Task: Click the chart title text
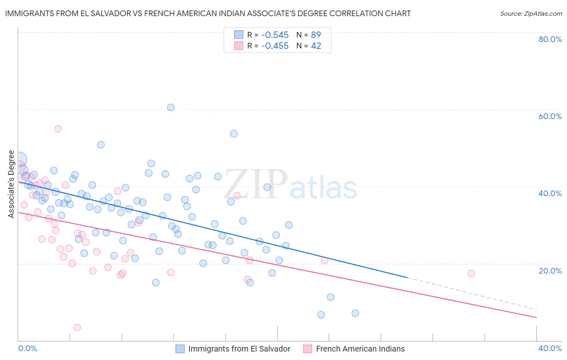(208, 13)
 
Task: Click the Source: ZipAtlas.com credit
(531, 14)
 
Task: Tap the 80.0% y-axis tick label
(550, 39)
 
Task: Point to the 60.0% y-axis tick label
(550, 116)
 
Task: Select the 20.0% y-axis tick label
(550, 271)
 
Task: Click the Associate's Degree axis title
(11, 184)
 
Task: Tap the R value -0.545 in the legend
(275, 35)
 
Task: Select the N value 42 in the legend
(316, 46)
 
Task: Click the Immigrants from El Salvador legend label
(239, 349)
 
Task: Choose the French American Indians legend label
(360, 349)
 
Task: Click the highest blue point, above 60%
(171, 107)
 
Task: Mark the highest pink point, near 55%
(58, 129)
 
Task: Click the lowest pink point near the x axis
(77, 327)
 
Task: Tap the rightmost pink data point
(471, 274)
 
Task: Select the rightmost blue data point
(355, 313)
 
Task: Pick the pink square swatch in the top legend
(239, 46)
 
